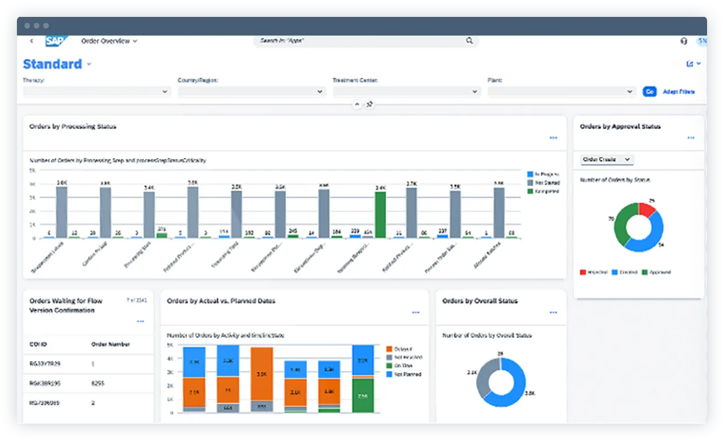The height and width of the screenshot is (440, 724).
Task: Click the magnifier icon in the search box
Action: click(469, 41)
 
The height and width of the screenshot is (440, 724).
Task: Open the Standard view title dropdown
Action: click(89, 65)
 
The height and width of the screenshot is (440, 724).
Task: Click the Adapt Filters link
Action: click(678, 91)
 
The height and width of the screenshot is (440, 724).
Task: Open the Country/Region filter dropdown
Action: click(320, 91)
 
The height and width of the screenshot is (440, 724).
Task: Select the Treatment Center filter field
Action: click(406, 91)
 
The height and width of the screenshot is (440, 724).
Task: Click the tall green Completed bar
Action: click(381, 214)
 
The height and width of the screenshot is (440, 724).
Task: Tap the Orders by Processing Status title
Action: click(73, 127)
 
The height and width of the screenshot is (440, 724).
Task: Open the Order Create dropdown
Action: click(607, 160)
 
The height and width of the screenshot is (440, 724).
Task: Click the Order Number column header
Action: click(111, 344)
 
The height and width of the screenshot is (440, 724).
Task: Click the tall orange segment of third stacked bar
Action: click(262, 373)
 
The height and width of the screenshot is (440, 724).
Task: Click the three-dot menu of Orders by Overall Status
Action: click(553, 313)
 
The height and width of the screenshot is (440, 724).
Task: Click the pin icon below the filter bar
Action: click(370, 105)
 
